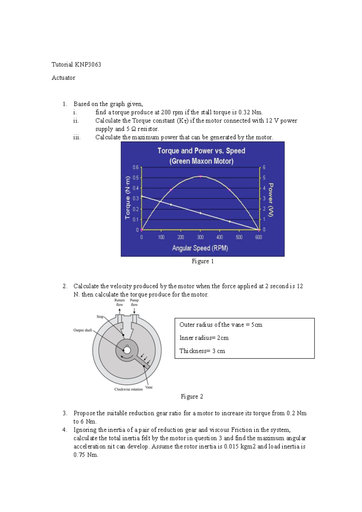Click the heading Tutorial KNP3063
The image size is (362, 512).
[76, 64]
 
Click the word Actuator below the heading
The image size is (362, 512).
[63, 78]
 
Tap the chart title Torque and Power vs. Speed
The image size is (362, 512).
[201, 151]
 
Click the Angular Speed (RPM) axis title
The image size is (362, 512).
[200, 248]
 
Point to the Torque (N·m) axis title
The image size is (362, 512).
[128, 197]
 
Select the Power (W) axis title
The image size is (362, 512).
[271, 200]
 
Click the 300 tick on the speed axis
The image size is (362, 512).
[200, 237]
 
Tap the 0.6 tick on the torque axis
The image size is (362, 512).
[136, 167]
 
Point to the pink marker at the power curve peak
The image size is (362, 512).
[200, 176]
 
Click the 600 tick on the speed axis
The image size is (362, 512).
[259, 237]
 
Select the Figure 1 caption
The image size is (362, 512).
[203, 261]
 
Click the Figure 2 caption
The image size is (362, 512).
[192, 396]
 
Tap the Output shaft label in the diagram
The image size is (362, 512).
[83, 330]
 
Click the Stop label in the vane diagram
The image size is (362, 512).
[100, 317]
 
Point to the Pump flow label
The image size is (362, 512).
[134, 302]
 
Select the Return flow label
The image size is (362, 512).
[119, 302]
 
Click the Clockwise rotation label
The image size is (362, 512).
[129, 389]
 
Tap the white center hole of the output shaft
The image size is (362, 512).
[127, 350]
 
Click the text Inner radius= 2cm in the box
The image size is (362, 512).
[204, 338]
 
